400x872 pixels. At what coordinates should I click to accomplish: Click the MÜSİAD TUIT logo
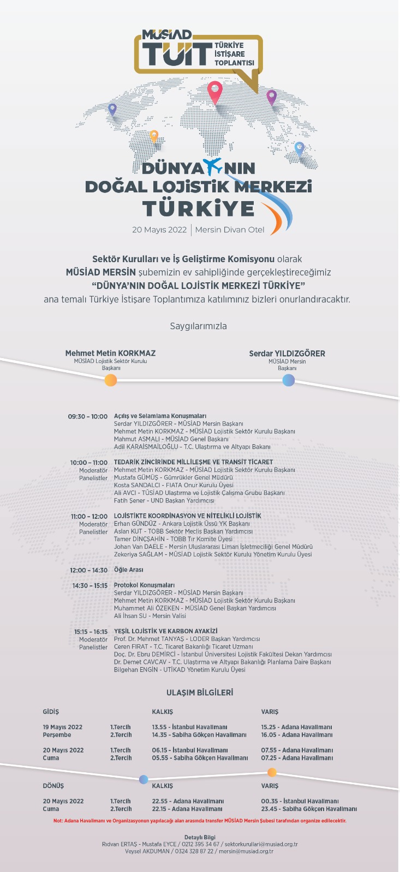[x=198, y=52]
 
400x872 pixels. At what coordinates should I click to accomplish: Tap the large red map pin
[x=215, y=92]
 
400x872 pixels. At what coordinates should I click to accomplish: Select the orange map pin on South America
[x=154, y=136]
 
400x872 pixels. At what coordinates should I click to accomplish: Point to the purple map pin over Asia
[x=271, y=97]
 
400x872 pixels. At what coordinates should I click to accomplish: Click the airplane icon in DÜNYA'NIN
[x=212, y=166]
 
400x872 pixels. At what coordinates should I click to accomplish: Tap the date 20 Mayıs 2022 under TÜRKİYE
[x=159, y=229]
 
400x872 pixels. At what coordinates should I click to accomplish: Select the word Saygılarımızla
[x=198, y=326]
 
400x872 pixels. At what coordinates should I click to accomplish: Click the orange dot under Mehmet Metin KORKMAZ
[x=111, y=380]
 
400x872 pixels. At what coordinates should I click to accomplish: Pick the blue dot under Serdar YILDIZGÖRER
[x=288, y=380]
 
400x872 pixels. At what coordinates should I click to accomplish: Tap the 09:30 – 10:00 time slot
[x=88, y=416]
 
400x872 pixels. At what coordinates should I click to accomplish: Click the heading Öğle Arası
[x=129, y=570]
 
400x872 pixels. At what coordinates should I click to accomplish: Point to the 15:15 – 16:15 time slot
[x=91, y=632]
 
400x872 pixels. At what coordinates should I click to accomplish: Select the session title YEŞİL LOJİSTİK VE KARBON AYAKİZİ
[x=165, y=631]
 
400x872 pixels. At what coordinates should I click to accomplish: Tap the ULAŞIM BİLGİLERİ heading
[x=200, y=693]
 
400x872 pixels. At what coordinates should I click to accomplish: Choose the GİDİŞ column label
[x=51, y=712]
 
